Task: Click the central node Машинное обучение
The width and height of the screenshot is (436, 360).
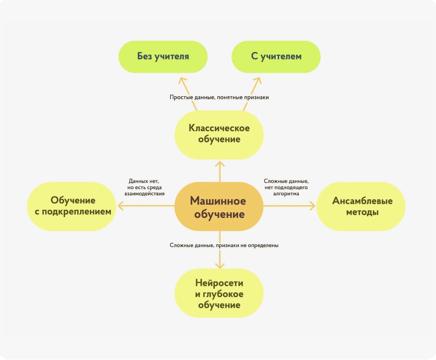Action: coord(219,206)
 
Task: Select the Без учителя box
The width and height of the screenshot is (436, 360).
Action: coord(163,57)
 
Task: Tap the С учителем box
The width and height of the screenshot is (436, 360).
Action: coord(276,57)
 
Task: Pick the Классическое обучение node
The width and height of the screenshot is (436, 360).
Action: coord(219,135)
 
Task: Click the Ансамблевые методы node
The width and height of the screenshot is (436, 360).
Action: coord(361,206)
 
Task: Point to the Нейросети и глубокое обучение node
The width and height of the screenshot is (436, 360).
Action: coord(219,293)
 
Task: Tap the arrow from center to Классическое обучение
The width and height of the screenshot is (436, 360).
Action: coord(220,171)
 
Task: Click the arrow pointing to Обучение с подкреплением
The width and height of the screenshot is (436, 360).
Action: coord(145,205)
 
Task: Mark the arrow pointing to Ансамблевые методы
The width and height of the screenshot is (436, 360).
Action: coord(290,205)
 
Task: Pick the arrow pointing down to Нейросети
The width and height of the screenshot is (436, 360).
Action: coord(220,258)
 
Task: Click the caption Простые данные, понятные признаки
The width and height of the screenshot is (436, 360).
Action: coord(219,97)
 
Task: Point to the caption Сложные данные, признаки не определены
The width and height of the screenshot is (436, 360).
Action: coord(224,245)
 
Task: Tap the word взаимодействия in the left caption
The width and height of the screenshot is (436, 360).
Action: coord(144,194)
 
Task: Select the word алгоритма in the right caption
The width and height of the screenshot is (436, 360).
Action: coord(286,194)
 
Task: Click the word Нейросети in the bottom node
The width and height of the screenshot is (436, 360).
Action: coord(219,283)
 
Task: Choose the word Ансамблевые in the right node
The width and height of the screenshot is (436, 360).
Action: coord(362,201)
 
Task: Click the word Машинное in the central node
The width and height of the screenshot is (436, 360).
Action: coord(218,201)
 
